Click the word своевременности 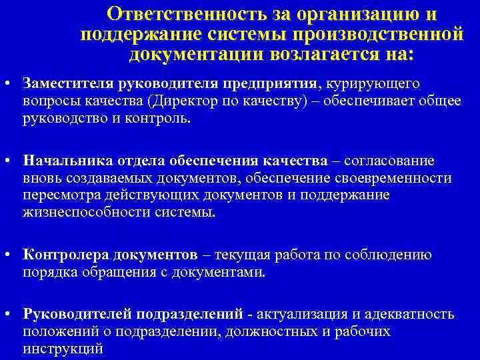tap(394, 178)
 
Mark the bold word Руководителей tap(75, 314)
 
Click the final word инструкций tap(63, 348)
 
